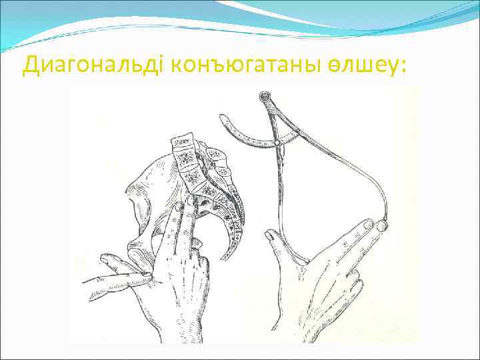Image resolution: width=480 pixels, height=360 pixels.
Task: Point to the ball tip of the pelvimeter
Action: pos(382,227)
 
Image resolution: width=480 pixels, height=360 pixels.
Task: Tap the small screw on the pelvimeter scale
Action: pos(274,144)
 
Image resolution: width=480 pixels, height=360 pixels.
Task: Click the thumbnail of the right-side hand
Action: pos(271,235)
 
